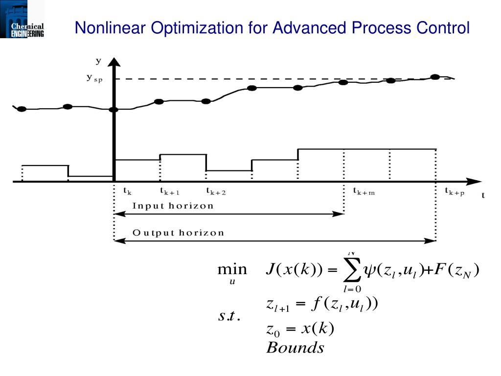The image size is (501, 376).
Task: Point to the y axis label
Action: click(x=98, y=61)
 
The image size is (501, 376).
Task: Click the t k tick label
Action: click(x=127, y=191)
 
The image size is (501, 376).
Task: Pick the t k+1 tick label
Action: click(x=170, y=191)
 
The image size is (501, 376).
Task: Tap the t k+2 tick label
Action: click(x=216, y=191)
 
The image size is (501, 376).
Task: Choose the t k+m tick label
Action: click(x=364, y=191)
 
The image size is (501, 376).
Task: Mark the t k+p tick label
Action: click(x=455, y=191)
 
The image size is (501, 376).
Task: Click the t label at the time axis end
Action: click(x=483, y=195)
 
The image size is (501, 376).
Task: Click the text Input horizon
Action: click(x=173, y=206)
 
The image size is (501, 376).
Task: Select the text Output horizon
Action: click(x=178, y=233)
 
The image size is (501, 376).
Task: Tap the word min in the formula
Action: click(x=232, y=270)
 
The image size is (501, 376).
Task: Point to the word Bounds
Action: click(x=295, y=348)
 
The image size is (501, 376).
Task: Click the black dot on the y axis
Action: click(x=114, y=109)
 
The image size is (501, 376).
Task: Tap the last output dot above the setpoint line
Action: click(x=434, y=77)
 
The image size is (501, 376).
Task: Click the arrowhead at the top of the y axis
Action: click(x=114, y=62)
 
